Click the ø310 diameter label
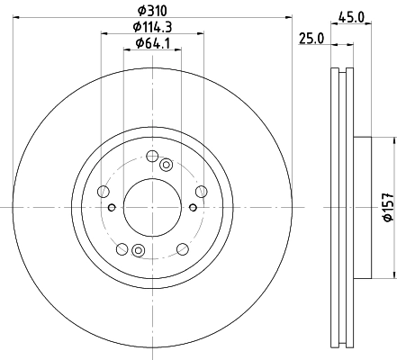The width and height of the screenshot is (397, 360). pos(152,11)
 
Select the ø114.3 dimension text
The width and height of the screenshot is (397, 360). pos(152,27)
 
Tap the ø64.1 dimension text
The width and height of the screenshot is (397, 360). pos(153,43)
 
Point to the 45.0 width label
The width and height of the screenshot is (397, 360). pos(351,17)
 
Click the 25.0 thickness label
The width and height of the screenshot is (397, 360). pos(311,39)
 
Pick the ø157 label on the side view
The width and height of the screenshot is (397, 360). pos(389,207)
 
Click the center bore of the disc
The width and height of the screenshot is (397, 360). pos(152,207)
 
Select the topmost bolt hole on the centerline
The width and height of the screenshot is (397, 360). pos(152,156)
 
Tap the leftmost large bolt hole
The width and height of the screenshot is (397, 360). pos(104,192)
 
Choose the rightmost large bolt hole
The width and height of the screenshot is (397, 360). pos(202,192)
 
